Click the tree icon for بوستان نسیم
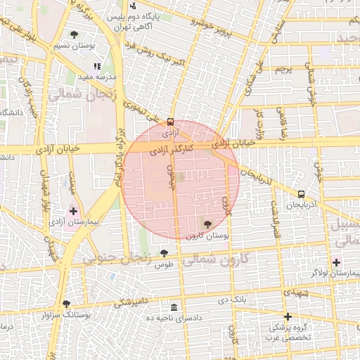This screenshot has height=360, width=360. [x=74, y=34]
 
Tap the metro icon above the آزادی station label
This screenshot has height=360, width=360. [x=171, y=121]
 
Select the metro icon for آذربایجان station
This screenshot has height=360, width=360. [x=301, y=194]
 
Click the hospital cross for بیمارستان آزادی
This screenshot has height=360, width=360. [x=74, y=210]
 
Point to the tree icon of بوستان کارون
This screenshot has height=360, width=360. [x=207, y=225]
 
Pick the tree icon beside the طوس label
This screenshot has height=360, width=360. [x=164, y=253]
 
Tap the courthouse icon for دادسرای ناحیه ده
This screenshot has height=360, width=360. [x=174, y=307]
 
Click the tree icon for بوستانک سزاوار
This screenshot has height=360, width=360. [x=66, y=304]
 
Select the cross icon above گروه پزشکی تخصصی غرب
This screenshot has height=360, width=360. [x=288, y=316]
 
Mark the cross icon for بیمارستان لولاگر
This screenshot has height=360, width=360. [x=336, y=262]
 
